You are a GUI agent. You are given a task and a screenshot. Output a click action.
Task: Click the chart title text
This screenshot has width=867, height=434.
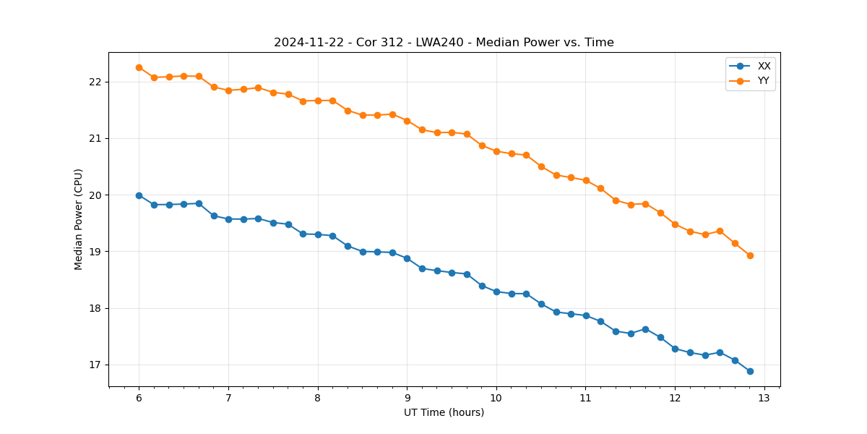click(x=444, y=43)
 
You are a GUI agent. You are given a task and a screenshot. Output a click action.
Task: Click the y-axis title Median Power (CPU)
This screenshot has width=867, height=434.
click(x=79, y=219)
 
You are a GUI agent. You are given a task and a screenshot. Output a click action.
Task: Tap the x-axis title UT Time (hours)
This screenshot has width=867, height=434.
click(x=444, y=412)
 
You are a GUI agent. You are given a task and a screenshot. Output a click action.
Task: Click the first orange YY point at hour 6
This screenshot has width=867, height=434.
click(x=139, y=67)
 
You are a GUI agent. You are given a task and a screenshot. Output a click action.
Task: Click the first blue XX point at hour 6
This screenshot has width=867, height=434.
click(x=139, y=195)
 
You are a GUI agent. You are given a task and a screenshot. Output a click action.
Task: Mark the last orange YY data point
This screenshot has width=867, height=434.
click(x=750, y=255)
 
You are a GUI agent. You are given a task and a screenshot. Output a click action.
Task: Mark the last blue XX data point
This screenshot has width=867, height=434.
click(x=750, y=371)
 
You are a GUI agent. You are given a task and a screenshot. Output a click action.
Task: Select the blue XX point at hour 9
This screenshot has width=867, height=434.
click(x=407, y=258)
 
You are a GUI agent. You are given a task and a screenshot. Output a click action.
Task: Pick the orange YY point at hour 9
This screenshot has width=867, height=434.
click(x=407, y=121)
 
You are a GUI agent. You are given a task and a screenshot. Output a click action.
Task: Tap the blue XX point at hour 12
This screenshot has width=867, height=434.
click(x=675, y=349)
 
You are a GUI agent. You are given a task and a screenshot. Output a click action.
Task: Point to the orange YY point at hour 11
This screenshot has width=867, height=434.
click(x=586, y=180)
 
